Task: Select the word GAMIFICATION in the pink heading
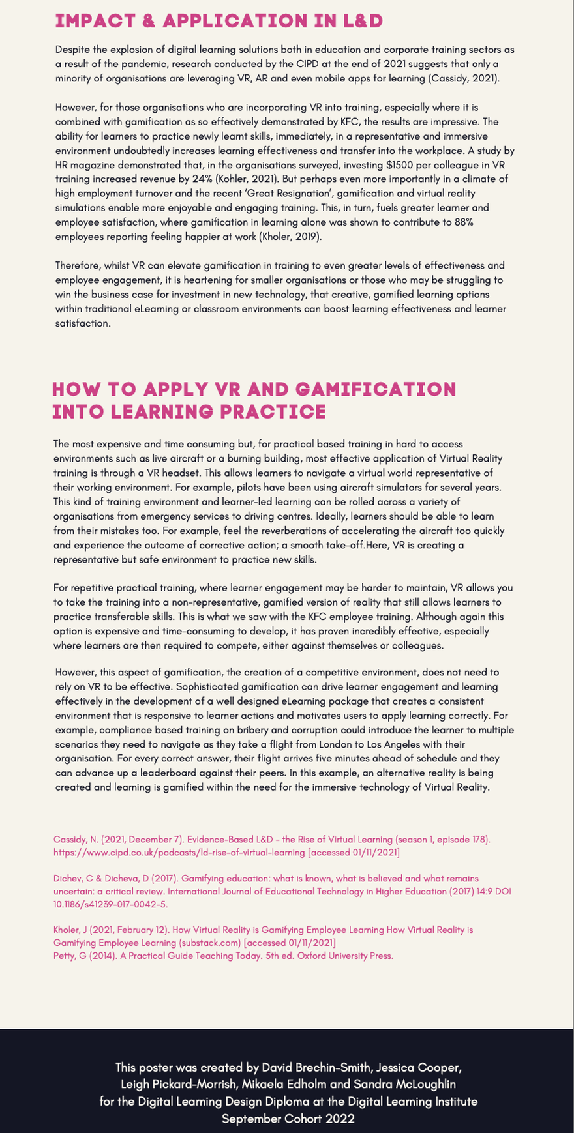[376, 389]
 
